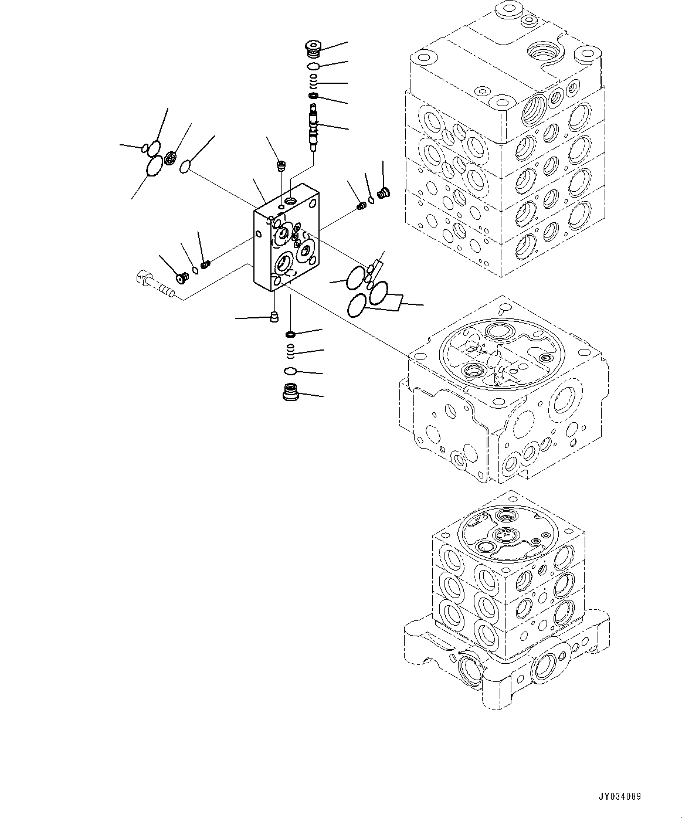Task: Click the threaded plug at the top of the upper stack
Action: (x=314, y=46)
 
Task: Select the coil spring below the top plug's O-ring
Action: (x=314, y=80)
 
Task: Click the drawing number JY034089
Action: (x=620, y=797)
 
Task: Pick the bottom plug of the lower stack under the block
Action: (x=291, y=392)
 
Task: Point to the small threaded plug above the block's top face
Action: (x=280, y=166)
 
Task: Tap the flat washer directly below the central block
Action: (x=290, y=334)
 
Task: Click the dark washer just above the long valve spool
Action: (x=314, y=96)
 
